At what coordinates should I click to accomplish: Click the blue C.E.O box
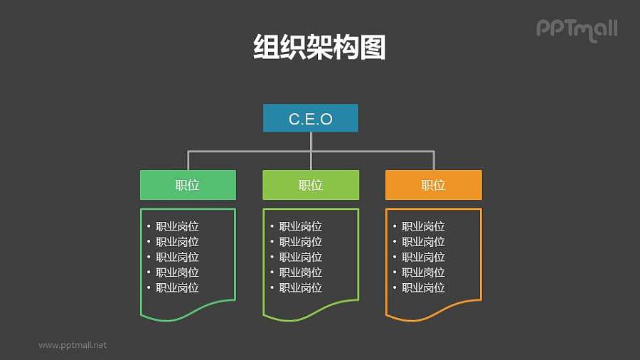coord(310,119)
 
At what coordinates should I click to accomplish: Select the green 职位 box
coord(188,185)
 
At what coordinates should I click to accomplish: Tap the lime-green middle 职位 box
coord(311,185)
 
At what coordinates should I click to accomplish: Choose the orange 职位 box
coord(433,185)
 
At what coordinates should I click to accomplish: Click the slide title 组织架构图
coord(319,48)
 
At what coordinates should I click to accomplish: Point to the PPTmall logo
coord(576,29)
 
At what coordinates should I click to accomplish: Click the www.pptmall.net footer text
coord(73,344)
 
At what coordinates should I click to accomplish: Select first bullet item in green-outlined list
coord(177,226)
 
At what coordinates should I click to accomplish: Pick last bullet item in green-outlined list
coord(177,287)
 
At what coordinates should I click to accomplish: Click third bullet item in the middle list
coord(300,257)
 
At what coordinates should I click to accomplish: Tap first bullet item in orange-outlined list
coord(423,226)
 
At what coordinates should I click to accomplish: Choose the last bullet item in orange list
coord(423,287)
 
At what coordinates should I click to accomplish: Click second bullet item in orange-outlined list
coord(423,242)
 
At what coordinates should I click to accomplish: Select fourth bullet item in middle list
coord(300,272)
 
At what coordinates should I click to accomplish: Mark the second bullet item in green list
coord(177,242)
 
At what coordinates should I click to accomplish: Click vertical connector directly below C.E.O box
coord(311,141)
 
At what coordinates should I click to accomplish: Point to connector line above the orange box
coord(434,160)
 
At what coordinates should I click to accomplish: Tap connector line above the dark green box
coord(188,160)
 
